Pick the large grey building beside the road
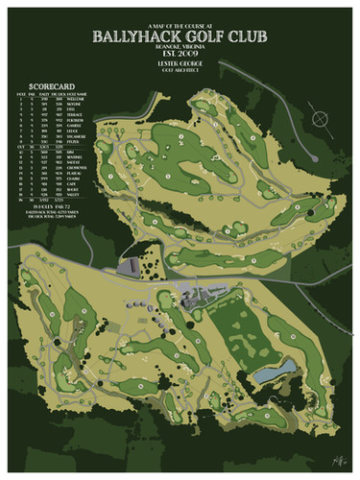click(132, 267)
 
